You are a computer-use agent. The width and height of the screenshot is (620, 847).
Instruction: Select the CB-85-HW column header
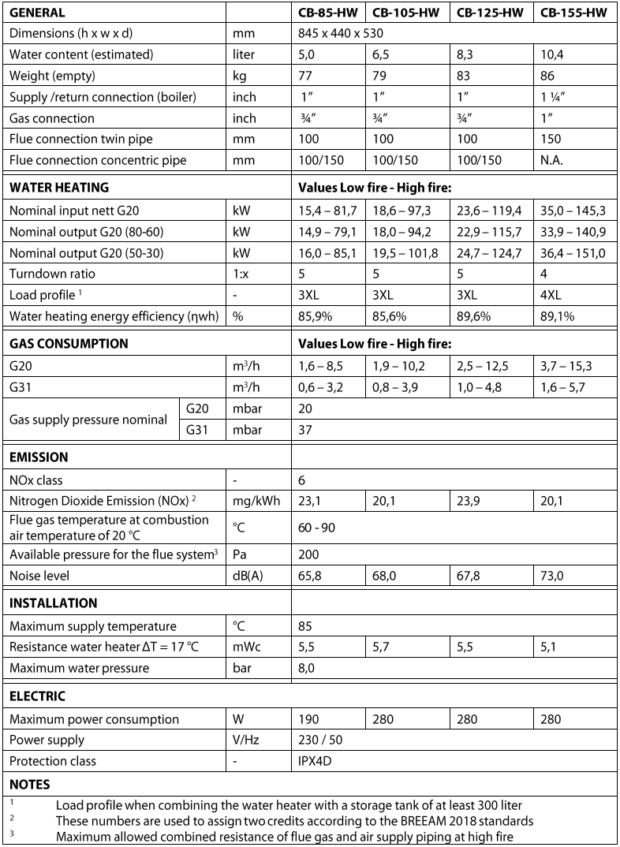pos(327,13)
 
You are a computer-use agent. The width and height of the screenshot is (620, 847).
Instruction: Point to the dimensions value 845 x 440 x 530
pos(340,34)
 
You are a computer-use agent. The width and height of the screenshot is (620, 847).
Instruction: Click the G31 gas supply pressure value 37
pos(305,430)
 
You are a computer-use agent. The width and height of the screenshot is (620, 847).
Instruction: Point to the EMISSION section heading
pos(39,457)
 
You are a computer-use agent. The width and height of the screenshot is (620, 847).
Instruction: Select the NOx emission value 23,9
pos(468,500)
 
